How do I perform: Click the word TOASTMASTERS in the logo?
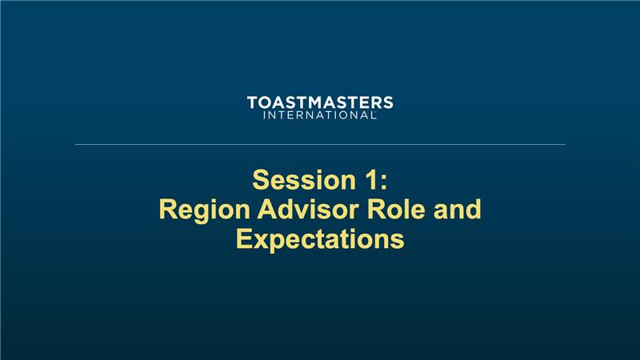tap(320, 103)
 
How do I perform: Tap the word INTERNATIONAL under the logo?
tap(319, 115)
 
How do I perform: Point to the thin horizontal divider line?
tap(321, 144)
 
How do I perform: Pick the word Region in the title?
tap(204, 210)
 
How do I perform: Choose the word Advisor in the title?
tap(310, 209)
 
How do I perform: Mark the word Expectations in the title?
tap(321, 239)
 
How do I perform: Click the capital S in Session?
tap(262, 180)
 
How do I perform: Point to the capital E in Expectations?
tap(244, 238)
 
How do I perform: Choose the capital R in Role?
tap(377, 209)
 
